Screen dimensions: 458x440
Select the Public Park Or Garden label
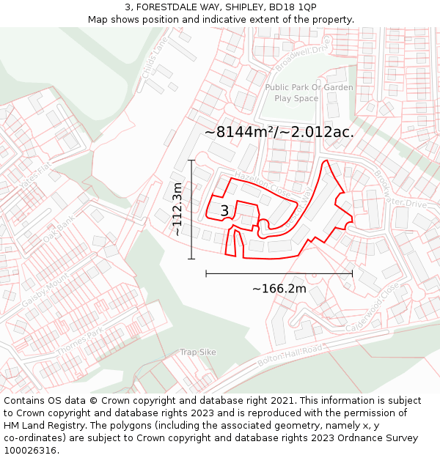click(x=309, y=87)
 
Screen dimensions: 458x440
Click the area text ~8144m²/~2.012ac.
click(x=279, y=133)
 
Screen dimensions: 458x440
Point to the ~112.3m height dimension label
click(x=177, y=209)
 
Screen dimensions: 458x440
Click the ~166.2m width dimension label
click(x=279, y=289)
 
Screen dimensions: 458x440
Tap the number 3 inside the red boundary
click(x=224, y=211)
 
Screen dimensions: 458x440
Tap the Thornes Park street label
click(x=81, y=342)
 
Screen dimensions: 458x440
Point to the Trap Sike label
click(x=198, y=352)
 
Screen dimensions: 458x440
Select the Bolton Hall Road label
click(x=290, y=355)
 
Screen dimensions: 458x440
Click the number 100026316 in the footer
click(x=31, y=451)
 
